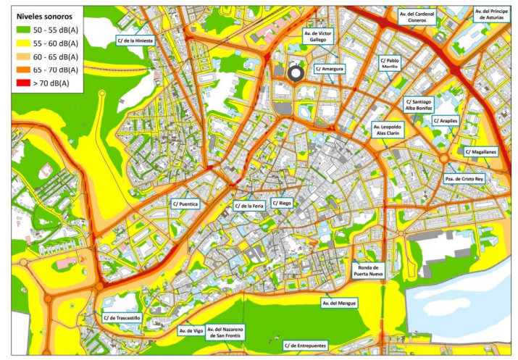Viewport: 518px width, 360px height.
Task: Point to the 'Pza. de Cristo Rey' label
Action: [x=464, y=177]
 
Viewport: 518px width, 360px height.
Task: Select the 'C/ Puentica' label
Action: [x=185, y=204]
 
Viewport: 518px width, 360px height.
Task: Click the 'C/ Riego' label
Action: [x=283, y=204]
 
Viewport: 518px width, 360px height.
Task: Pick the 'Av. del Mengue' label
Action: [x=340, y=302]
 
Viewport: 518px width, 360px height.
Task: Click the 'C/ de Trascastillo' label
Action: [x=121, y=317]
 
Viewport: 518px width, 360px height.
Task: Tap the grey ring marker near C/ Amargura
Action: [x=295, y=72]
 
